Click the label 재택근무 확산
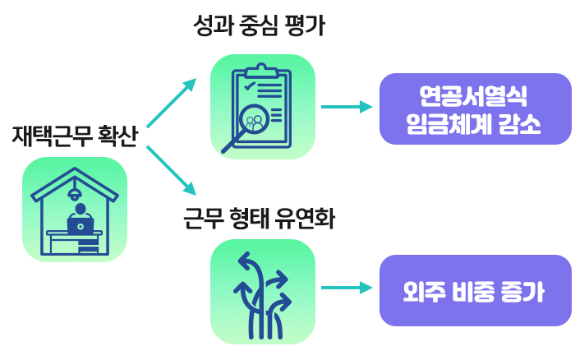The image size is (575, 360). [x=74, y=136]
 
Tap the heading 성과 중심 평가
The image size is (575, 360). [x=259, y=26]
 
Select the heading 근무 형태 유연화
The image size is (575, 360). [x=260, y=219]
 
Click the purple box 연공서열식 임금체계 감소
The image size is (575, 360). [x=475, y=108]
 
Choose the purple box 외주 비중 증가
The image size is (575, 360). [x=475, y=291]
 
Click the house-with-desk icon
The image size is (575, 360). [x=74, y=210]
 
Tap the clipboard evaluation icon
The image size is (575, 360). [x=263, y=107]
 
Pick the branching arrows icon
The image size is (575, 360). [x=263, y=292]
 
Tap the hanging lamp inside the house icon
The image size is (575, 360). [x=75, y=195]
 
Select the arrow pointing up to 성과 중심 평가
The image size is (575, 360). [x=171, y=104]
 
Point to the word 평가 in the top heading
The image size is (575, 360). [x=308, y=26]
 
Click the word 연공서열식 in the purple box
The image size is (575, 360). [x=475, y=95]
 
